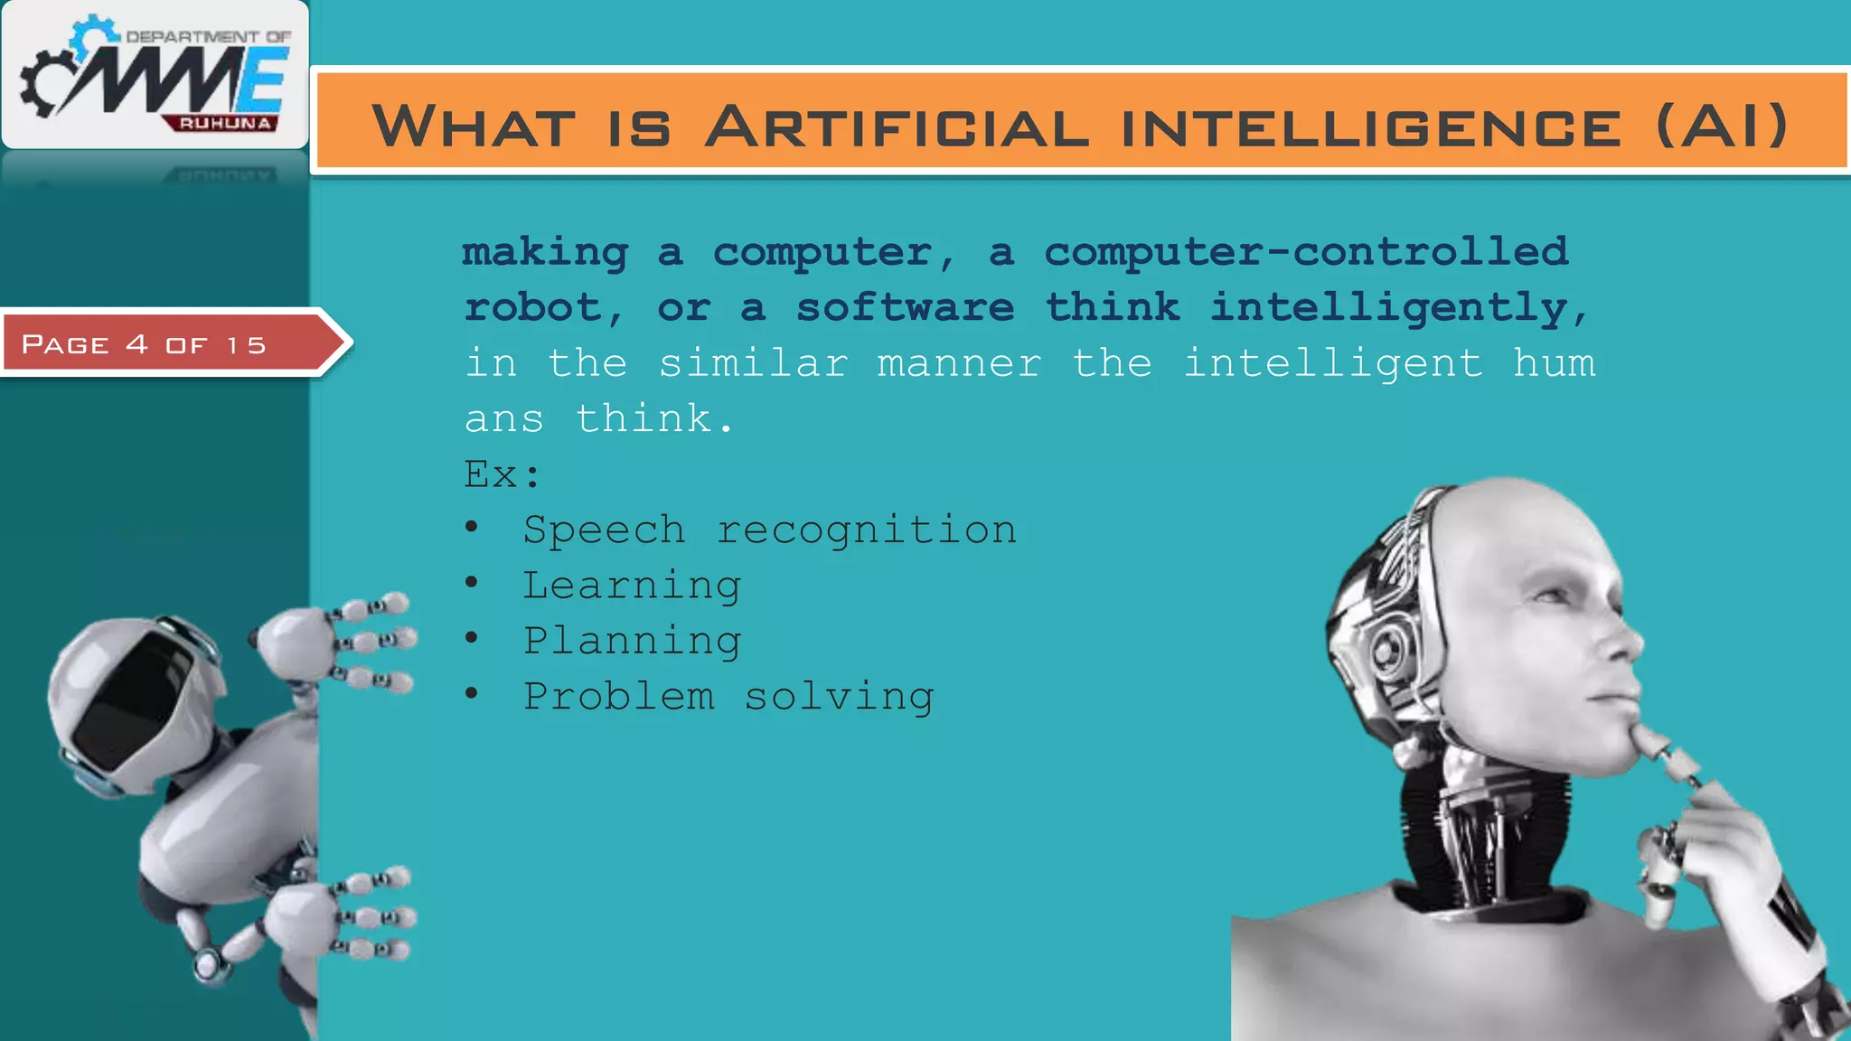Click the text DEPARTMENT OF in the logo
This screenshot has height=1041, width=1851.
208,37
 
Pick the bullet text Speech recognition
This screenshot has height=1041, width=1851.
769,530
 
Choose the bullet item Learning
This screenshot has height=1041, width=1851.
632,586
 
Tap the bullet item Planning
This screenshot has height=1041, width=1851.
632,641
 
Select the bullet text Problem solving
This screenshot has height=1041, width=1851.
728,697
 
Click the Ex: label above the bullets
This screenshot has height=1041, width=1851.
502,474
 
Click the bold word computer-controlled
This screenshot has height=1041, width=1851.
1306,252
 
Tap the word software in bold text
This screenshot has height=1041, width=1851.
905,308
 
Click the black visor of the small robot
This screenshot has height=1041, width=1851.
136,700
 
